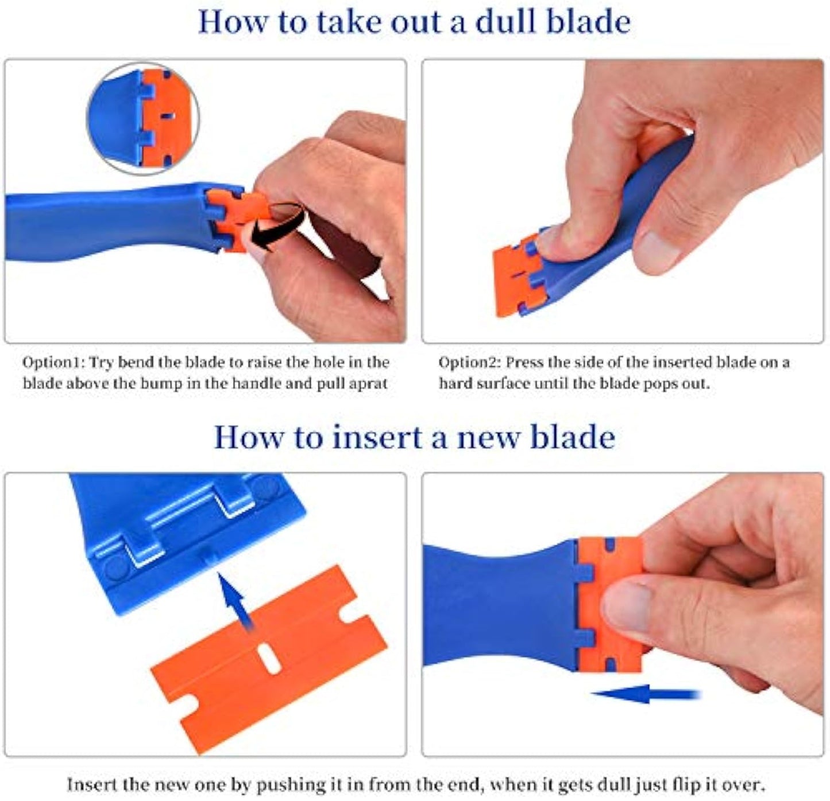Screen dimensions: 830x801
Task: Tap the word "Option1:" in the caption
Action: (x=54, y=363)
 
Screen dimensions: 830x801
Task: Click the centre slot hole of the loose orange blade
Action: (x=269, y=658)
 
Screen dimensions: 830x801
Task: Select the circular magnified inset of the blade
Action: (x=143, y=119)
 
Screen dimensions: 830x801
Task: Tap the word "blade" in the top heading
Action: (x=589, y=22)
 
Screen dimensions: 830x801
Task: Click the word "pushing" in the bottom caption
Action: (x=277, y=786)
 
